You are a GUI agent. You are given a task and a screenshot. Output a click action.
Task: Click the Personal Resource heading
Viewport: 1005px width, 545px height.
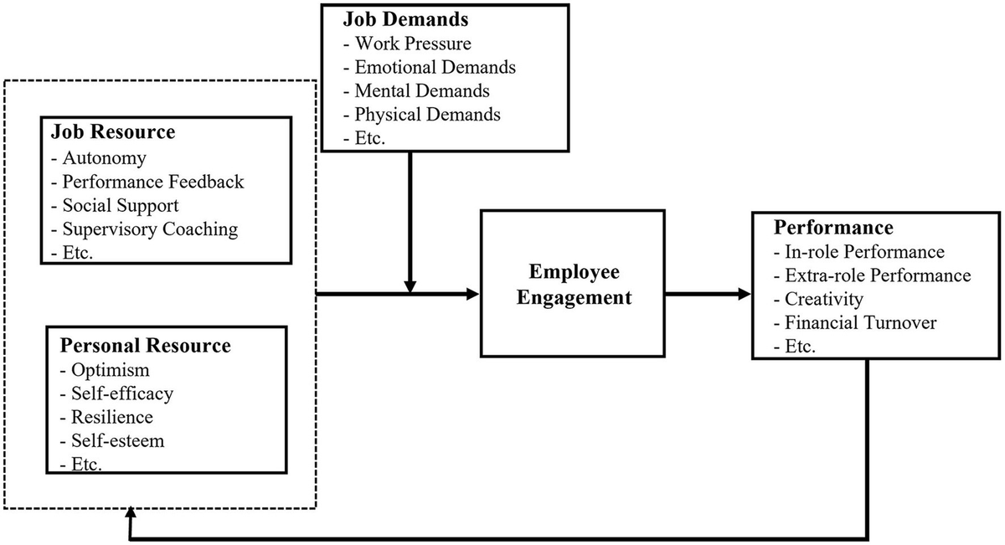(x=144, y=345)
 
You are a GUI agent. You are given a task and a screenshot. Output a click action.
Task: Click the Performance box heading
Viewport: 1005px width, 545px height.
(x=822, y=228)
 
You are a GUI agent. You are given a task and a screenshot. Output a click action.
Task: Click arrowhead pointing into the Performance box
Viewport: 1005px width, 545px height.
(x=744, y=294)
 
